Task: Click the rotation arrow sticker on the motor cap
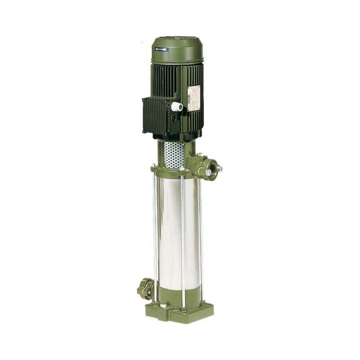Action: click(x=162, y=49)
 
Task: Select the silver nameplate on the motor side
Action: click(x=193, y=98)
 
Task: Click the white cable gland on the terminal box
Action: click(x=177, y=107)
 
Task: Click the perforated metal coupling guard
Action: click(x=174, y=154)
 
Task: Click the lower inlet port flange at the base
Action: click(x=145, y=289)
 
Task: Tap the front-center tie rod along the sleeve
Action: click(x=183, y=238)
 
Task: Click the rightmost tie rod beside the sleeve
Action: click(x=201, y=234)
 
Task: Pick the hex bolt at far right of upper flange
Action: click(x=219, y=169)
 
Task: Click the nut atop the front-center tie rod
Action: click(x=182, y=169)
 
